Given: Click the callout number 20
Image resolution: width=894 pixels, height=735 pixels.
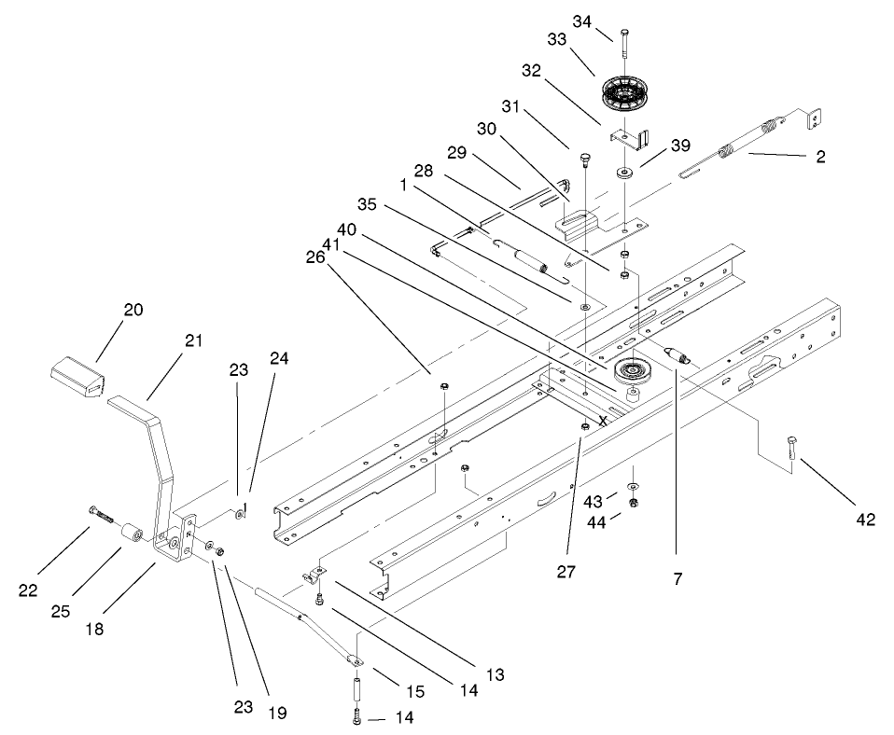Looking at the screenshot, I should click(x=133, y=310).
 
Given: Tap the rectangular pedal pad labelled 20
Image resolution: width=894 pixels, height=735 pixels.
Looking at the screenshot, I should click(x=77, y=376).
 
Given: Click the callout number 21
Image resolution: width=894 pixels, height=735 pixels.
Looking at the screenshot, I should click(x=193, y=341).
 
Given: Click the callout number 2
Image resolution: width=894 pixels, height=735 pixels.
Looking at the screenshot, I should click(x=820, y=158).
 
